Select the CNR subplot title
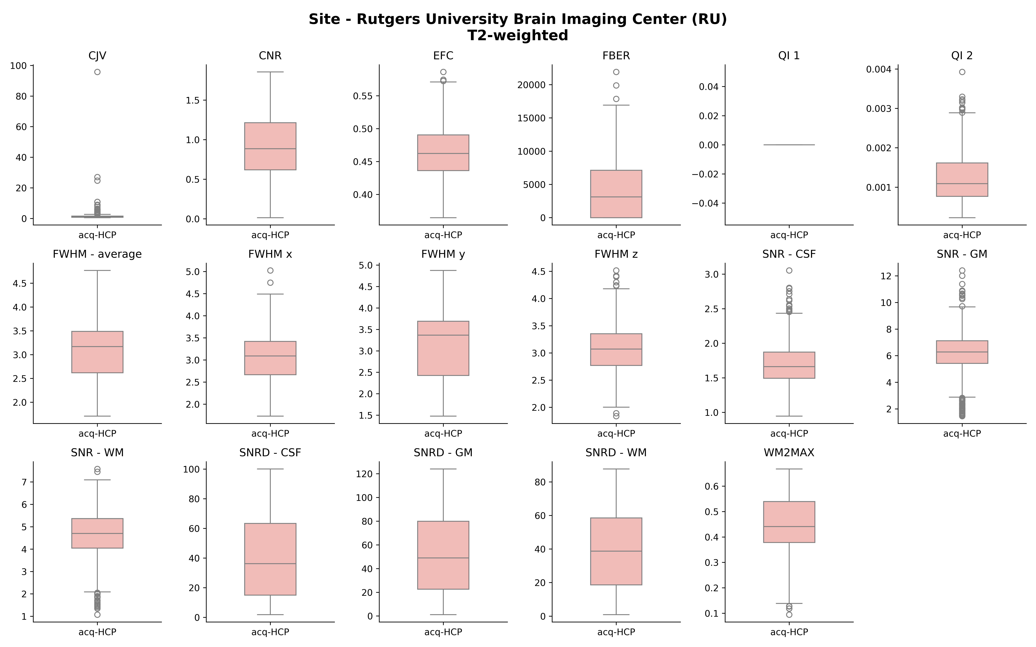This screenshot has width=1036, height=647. pos(270,56)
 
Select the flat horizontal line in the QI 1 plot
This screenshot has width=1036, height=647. pos(789,145)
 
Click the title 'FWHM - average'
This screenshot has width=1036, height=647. pos(97,254)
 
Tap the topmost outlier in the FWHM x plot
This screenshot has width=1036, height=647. pos(270,270)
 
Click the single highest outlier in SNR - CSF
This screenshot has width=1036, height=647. pos(789,270)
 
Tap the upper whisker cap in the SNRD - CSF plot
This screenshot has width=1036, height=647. pos(270,469)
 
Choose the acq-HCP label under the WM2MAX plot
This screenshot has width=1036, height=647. pos(789,632)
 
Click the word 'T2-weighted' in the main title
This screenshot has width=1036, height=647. pos(518,35)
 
